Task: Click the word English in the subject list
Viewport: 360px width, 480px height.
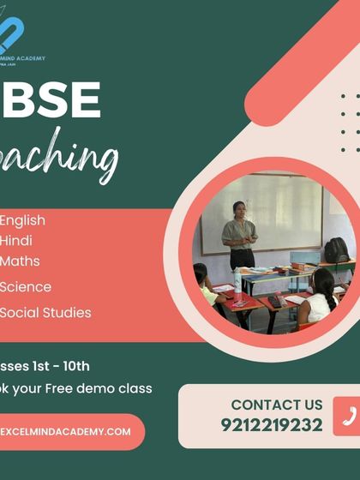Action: click(23, 220)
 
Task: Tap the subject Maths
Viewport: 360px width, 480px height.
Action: click(21, 261)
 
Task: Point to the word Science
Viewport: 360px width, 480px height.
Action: click(26, 287)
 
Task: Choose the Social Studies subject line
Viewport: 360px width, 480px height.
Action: click(45, 313)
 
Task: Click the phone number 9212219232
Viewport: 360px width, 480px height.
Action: click(271, 425)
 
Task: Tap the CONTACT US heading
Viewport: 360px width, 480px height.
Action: click(277, 405)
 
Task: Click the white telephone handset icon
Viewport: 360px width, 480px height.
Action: click(348, 416)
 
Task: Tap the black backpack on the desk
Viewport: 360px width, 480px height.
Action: click(337, 250)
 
